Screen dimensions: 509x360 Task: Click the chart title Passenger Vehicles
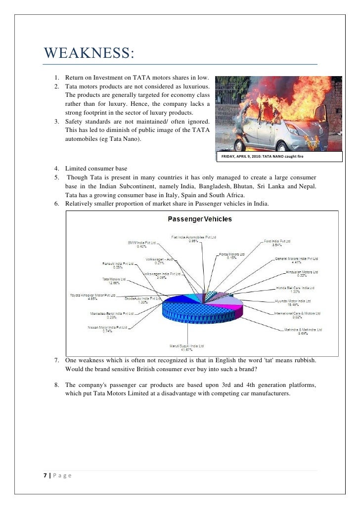coord(200,219)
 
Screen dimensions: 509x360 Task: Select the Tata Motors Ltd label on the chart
coord(113,279)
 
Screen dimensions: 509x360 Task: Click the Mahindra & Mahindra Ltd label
coord(303,330)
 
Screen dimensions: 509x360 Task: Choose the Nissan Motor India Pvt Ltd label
coord(107,327)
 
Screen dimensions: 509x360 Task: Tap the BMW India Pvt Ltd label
coord(142,243)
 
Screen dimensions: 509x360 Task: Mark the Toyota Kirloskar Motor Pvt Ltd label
coord(92,296)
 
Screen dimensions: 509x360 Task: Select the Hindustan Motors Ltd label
coord(302,272)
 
